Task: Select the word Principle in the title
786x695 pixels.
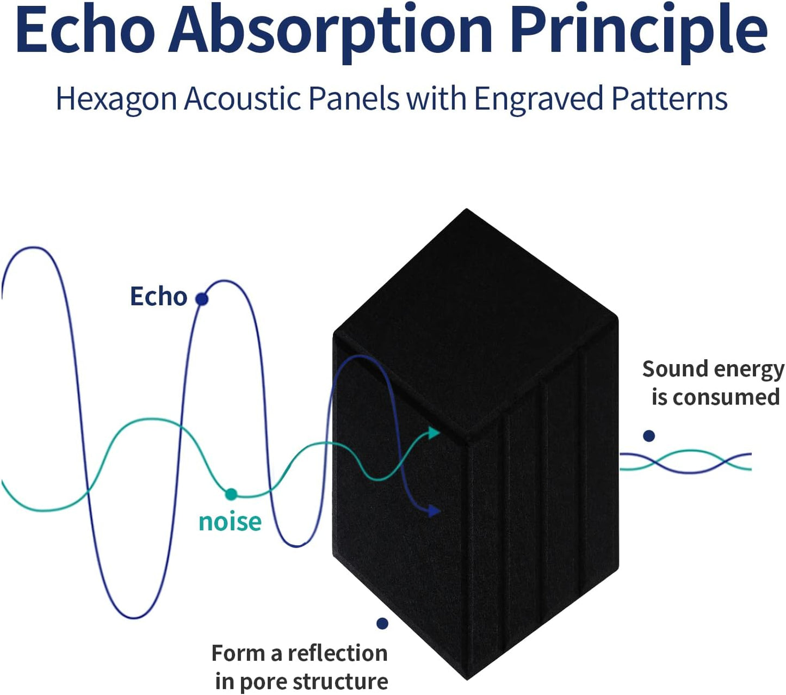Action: tap(639, 33)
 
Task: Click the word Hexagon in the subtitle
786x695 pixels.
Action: tap(116, 100)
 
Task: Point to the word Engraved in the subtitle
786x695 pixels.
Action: tap(539, 100)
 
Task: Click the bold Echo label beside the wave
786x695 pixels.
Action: tap(159, 297)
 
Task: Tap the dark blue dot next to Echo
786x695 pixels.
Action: tap(202, 299)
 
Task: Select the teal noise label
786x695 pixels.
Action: tap(230, 521)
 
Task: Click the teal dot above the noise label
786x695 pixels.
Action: tap(231, 494)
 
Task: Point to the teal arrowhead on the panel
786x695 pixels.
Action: tap(434, 432)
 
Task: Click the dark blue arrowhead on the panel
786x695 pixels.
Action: tap(434, 511)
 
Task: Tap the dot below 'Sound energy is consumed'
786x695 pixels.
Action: tap(649, 435)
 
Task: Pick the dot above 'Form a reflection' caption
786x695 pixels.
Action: tap(382, 623)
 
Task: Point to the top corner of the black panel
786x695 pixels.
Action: tap(467, 209)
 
